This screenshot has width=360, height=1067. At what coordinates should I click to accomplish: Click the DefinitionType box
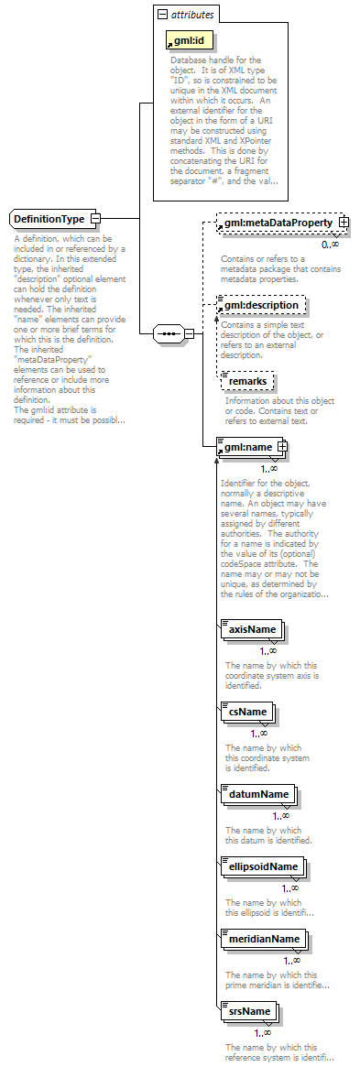(x=50, y=219)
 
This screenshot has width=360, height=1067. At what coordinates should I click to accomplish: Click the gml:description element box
(x=260, y=304)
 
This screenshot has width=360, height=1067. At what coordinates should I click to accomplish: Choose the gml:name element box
(x=246, y=446)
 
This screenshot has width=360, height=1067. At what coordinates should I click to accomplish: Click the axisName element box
(x=252, y=630)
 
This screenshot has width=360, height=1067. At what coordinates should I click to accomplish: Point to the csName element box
(x=246, y=712)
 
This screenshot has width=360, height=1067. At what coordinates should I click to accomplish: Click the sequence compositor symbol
(x=168, y=333)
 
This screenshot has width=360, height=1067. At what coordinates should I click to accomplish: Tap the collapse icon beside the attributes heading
(x=162, y=15)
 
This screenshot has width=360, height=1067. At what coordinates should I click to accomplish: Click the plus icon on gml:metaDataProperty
(x=344, y=223)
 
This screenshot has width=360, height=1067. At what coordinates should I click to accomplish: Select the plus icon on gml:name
(x=282, y=446)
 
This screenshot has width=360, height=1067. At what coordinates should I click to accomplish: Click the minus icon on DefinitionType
(x=95, y=219)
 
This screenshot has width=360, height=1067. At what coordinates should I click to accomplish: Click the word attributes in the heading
(x=193, y=15)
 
